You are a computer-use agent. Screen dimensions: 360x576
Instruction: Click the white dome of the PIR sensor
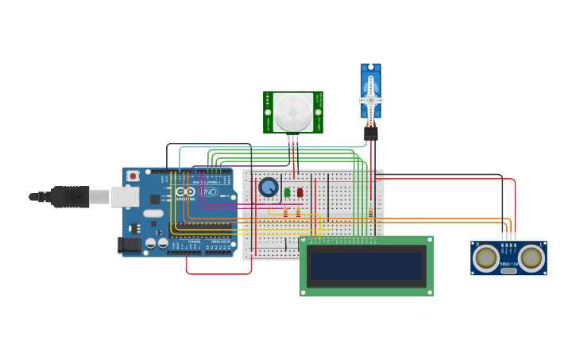[x=293, y=112]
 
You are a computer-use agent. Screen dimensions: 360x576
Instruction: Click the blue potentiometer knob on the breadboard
[x=269, y=188]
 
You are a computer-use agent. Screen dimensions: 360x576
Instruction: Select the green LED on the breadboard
[x=287, y=192]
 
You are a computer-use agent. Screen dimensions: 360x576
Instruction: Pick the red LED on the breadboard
[x=300, y=192]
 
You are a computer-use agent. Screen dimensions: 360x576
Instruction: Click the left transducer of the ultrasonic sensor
[x=486, y=257]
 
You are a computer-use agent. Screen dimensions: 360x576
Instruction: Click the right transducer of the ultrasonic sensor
[x=531, y=257]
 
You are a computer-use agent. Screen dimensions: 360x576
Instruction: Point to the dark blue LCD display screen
[x=366, y=266]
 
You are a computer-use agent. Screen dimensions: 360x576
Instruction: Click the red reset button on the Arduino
[x=133, y=176]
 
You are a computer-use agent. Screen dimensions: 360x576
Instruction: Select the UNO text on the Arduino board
[x=207, y=192]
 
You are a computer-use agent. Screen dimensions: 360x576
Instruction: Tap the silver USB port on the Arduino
[x=124, y=197]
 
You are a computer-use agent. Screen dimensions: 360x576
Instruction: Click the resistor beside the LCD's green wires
[x=370, y=212]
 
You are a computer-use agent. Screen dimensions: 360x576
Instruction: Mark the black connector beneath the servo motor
[x=370, y=134]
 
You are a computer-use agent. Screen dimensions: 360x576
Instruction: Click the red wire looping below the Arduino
[x=218, y=273]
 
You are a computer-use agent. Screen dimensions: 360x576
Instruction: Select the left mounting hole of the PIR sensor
[x=269, y=112]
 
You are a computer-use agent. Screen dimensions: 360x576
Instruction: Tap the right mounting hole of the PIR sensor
[x=318, y=112]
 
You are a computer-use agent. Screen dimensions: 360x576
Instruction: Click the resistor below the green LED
[x=286, y=212]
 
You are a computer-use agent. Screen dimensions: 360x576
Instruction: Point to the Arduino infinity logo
[x=185, y=192]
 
